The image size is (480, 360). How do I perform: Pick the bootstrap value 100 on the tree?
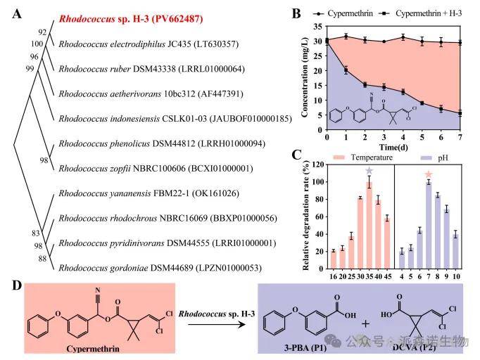click(37, 44)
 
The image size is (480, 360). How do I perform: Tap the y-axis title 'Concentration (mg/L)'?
click(305, 78)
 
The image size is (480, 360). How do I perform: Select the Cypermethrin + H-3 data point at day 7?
click(460, 113)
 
